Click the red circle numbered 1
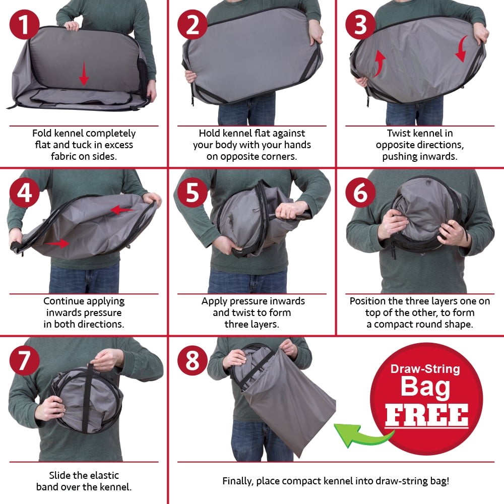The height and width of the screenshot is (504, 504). click(x=24, y=25)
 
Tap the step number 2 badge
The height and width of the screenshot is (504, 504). click(x=192, y=25)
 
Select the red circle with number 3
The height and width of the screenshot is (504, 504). click(x=360, y=25)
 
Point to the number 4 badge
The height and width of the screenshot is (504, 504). click(x=24, y=193)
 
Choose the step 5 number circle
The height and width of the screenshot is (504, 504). click(x=192, y=193)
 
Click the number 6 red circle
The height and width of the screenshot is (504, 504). click(x=360, y=193)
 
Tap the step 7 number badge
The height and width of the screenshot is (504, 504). click(x=24, y=360)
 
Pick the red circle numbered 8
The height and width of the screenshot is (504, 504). click(x=192, y=360)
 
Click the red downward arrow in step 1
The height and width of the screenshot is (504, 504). click(x=84, y=74)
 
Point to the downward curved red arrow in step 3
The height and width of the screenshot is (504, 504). click(x=462, y=48)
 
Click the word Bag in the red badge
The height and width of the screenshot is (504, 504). click(x=425, y=387)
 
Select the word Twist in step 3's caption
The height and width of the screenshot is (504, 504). click(x=399, y=133)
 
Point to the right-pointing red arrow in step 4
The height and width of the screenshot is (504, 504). click(x=57, y=243)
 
